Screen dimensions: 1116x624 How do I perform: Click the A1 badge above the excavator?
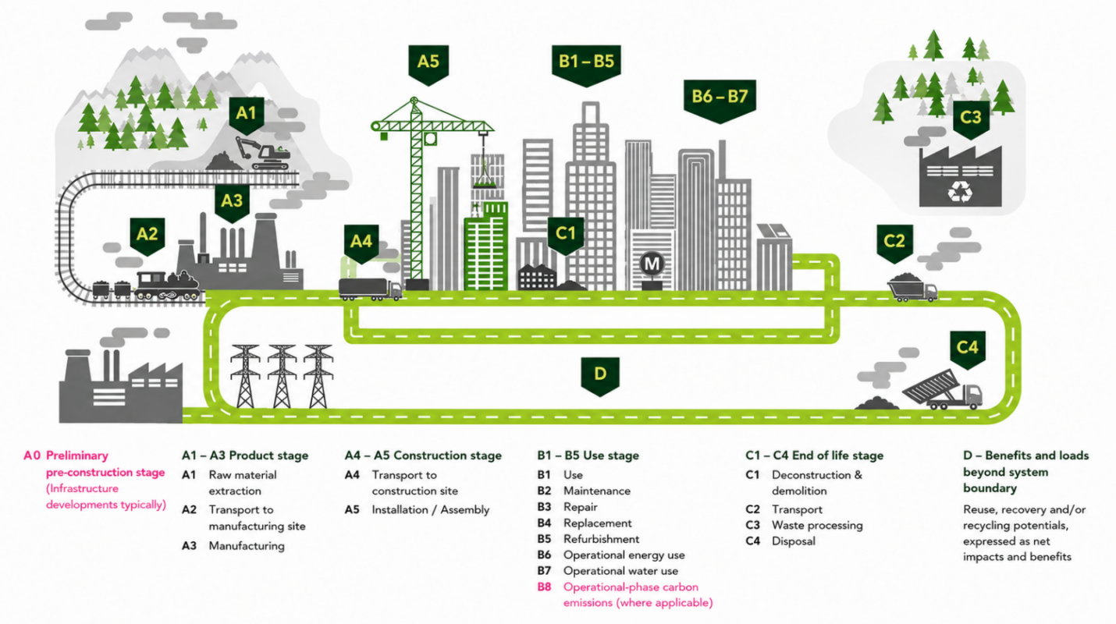coord(247,115)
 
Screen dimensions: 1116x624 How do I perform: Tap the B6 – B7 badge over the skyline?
coord(720,101)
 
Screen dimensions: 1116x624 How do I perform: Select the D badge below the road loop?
coord(600,376)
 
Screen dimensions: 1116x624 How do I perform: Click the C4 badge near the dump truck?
coord(968,349)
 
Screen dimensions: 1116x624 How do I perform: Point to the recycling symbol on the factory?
coord(960,192)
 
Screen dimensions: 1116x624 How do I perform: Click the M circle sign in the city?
coord(652,264)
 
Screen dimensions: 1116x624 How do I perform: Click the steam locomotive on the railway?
coord(167,285)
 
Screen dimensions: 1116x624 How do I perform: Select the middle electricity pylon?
coord(282,377)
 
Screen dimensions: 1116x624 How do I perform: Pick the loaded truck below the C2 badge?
coord(912,288)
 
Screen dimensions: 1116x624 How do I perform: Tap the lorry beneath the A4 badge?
coord(370,289)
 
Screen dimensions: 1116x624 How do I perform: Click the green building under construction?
coord(485,246)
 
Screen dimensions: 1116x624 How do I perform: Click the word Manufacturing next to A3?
coord(247,546)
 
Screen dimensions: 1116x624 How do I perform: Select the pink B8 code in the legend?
coord(544,587)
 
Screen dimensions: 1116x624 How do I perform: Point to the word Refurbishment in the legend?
coord(602,539)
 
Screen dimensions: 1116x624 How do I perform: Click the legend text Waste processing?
coord(817,526)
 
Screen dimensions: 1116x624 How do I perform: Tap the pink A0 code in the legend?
coord(32,456)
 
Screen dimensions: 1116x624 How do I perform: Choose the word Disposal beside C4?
coord(794,541)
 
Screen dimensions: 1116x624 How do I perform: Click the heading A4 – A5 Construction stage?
coord(423,456)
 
